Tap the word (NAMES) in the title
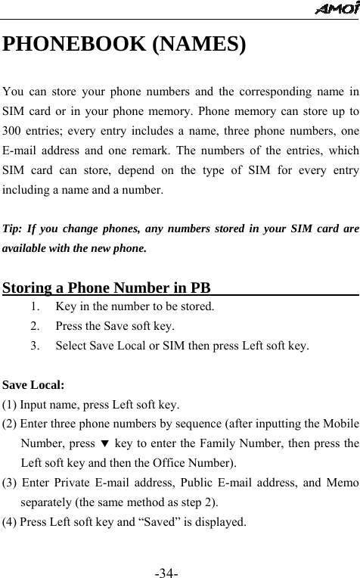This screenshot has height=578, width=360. (x=199, y=44)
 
